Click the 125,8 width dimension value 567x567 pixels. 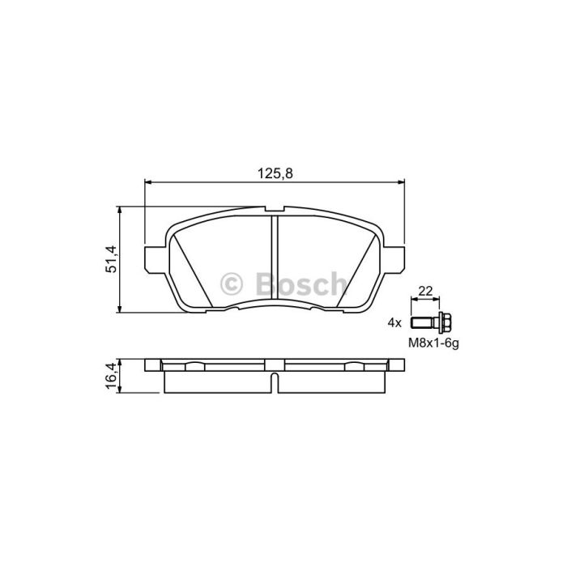pos(275,174)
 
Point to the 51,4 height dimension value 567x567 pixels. pos(112,259)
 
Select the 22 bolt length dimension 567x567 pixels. pos(425,290)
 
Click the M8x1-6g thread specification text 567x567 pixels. pos(433,343)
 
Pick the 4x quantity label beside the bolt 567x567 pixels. pos(394,322)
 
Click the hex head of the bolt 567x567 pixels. pos(445,322)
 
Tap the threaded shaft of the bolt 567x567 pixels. pos(424,322)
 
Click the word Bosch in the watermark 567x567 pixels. pos(301,283)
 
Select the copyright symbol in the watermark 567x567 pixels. pos(231,283)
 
